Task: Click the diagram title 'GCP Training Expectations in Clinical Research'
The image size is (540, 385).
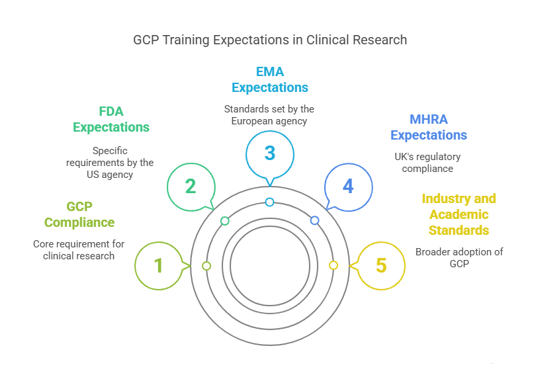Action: coord(270,40)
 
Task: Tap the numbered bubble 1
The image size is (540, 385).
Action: coord(159,266)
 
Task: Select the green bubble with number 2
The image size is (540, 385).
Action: coord(191,187)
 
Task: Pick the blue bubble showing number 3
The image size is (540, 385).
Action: coord(270,153)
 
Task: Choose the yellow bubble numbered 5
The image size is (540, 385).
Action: coord(381,266)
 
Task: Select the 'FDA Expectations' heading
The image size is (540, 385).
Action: coord(111,119)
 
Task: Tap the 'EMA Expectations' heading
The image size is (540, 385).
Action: coord(270,79)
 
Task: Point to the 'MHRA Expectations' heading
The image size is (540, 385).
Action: coord(428,127)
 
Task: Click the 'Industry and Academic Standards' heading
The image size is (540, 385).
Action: coord(459,214)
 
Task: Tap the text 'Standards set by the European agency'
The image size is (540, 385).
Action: coord(269,114)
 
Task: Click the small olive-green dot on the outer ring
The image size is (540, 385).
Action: coord(206,266)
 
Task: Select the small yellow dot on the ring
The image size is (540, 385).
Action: coord(334,265)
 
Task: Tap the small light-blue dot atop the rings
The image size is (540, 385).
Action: coord(269,202)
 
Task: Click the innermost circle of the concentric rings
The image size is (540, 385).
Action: coord(270,266)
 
